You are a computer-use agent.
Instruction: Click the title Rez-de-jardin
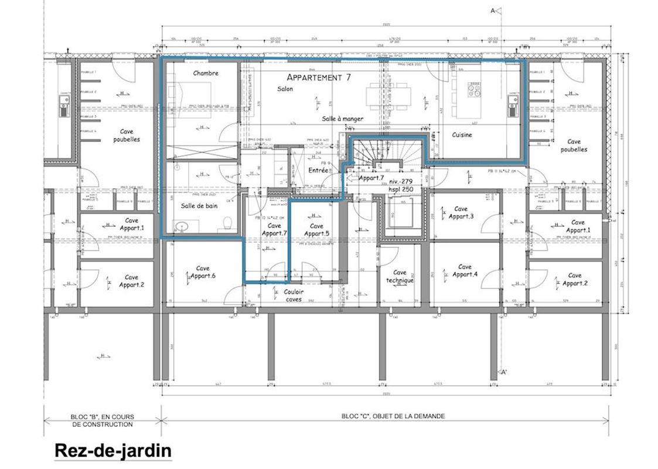tap(112, 451)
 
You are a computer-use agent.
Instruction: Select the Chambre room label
tap(206, 73)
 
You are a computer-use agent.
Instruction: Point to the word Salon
tap(285, 89)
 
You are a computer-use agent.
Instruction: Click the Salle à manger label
tap(342, 118)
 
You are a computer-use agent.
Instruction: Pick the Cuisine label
tap(462, 135)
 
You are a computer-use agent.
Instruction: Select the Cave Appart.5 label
tap(316, 229)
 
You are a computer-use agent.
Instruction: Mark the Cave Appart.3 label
tap(461, 212)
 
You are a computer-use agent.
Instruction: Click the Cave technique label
tap(400, 276)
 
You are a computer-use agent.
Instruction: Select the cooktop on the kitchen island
tap(474, 89)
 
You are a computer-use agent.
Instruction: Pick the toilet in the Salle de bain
tap(226, 223)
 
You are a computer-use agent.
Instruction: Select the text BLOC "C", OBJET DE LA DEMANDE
tap(393, 416)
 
